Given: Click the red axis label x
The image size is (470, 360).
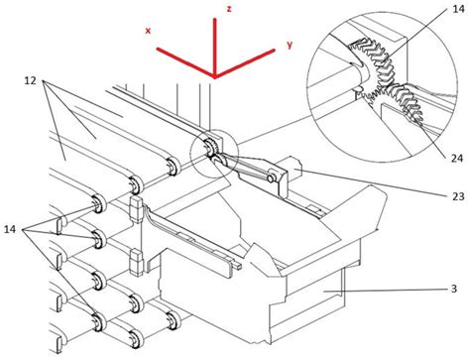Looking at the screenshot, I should [148, 31].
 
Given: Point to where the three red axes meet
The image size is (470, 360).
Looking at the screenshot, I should [213, 76].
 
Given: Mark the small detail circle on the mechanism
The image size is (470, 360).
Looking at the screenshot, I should [212, 149].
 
